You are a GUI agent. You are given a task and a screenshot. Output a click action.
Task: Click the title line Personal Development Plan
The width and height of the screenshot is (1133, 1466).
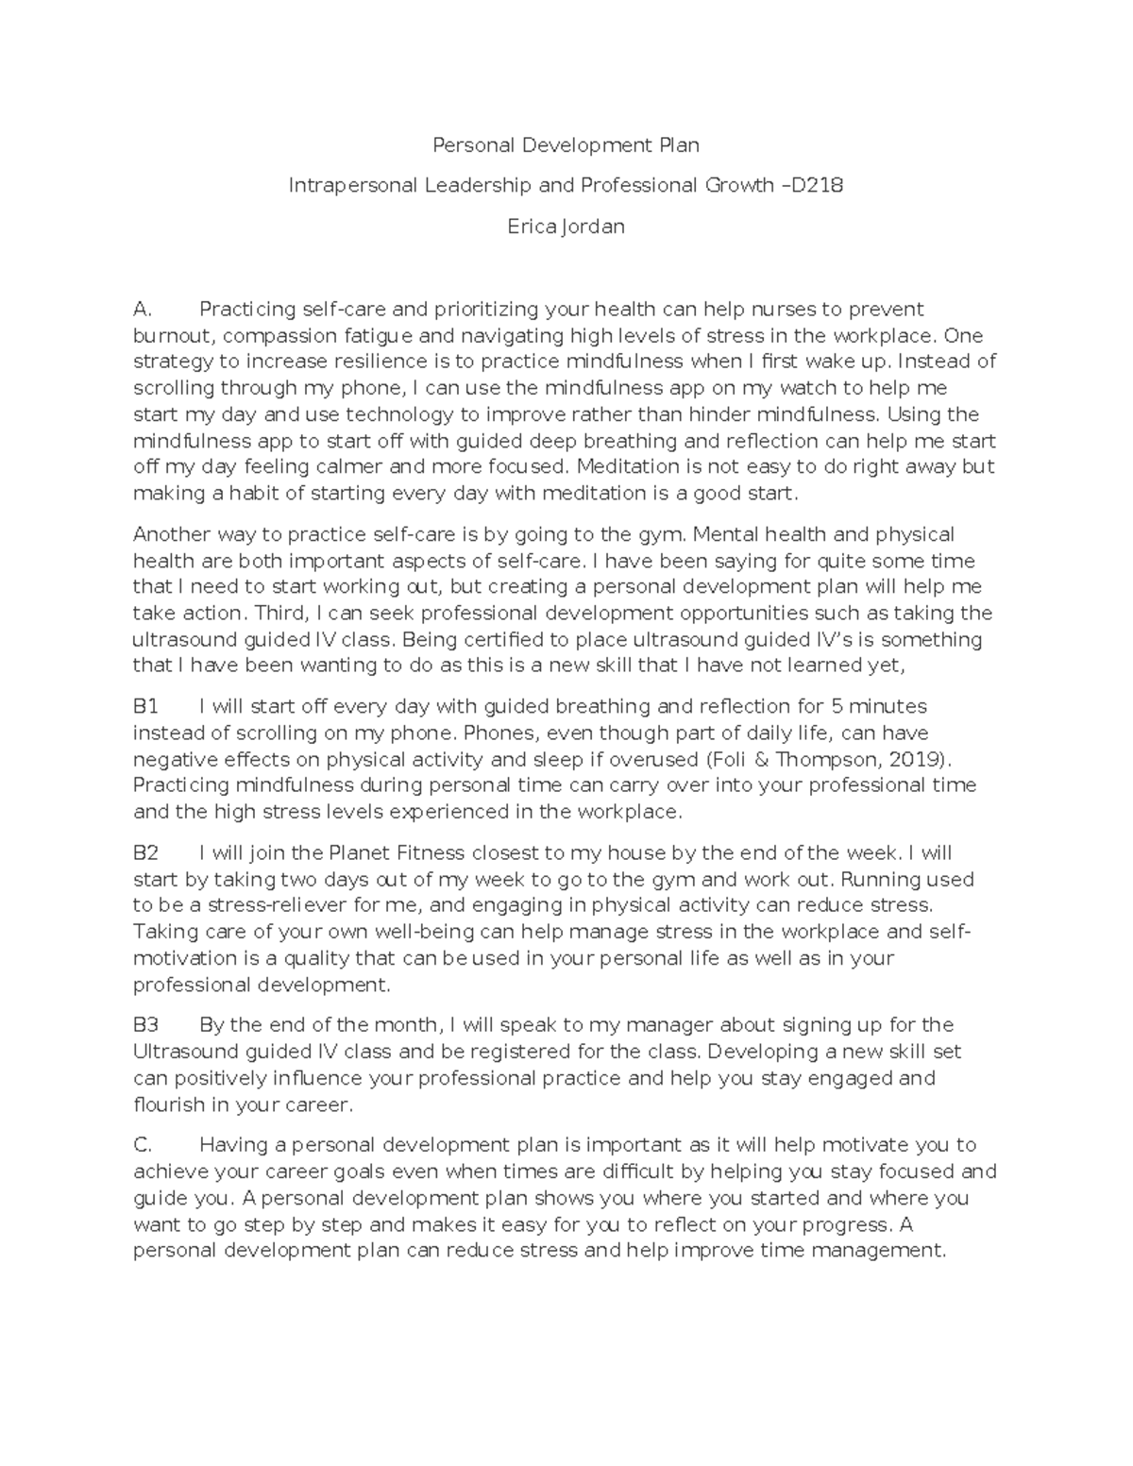[566, 145]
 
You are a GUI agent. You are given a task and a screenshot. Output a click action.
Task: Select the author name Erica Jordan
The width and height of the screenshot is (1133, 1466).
[566, 227]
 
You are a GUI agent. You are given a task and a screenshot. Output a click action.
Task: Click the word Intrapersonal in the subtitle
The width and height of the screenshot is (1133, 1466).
[352, 186]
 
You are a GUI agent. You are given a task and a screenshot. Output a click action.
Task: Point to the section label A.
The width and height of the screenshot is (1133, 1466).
[143, 310]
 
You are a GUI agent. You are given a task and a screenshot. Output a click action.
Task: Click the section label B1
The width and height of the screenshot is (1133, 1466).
[146, 707]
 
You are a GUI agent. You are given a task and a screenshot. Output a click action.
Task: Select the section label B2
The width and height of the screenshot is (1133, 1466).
[146, 853]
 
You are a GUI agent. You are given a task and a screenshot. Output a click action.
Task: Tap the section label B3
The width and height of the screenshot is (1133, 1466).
[146, 1025]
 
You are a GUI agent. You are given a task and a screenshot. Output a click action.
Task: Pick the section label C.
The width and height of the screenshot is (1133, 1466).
[143, 1146]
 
